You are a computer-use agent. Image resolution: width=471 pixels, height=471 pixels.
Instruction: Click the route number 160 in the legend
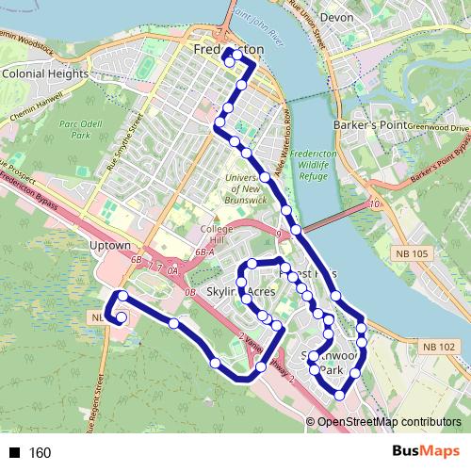(41, 453)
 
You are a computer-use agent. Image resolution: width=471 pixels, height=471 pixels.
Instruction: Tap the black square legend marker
(14, 453)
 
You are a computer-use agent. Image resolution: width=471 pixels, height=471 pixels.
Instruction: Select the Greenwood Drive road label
(438, 127)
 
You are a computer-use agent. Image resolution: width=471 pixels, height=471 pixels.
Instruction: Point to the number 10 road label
(375, 203)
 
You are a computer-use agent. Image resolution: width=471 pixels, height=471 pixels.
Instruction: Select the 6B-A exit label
(205, 253)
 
